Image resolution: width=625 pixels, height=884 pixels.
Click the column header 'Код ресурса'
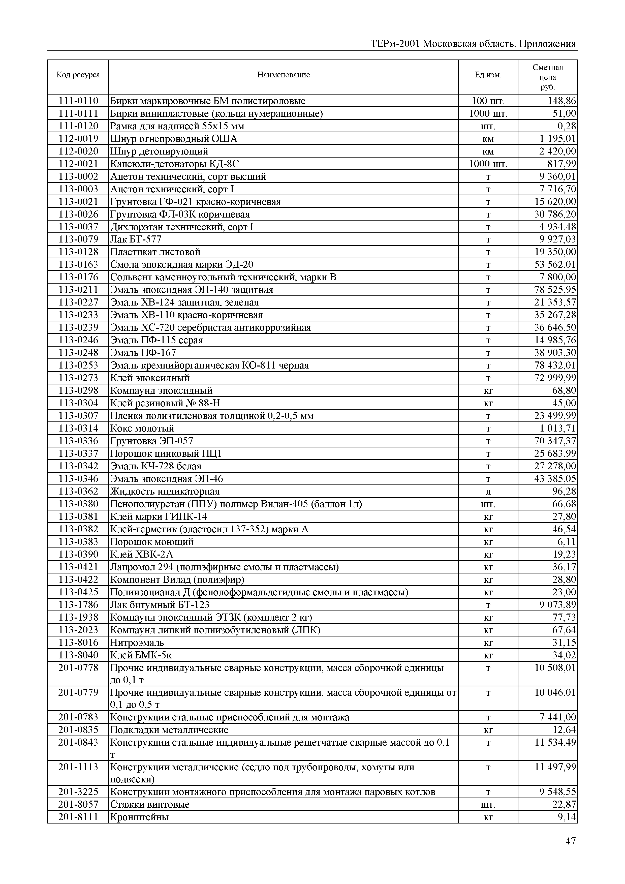(x=78, y=75)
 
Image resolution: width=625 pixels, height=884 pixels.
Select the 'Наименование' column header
(x=283, y=75)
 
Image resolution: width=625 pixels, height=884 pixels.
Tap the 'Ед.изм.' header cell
(x=488, y=75)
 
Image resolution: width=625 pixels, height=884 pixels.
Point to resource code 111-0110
(x=78, y=101)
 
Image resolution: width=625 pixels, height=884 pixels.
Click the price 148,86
(x=562, y=101)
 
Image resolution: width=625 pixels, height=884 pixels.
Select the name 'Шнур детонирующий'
(x=159, y=151)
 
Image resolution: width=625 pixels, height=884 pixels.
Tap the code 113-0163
(x=78, y=264)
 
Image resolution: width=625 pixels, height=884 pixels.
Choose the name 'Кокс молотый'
(x=142, y=428)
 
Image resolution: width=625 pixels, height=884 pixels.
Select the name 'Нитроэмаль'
(x=137, y=643)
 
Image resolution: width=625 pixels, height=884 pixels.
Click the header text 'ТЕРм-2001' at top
(x=395, y=44)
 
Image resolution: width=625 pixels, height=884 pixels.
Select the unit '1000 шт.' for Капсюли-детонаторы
(x=488, y=164)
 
